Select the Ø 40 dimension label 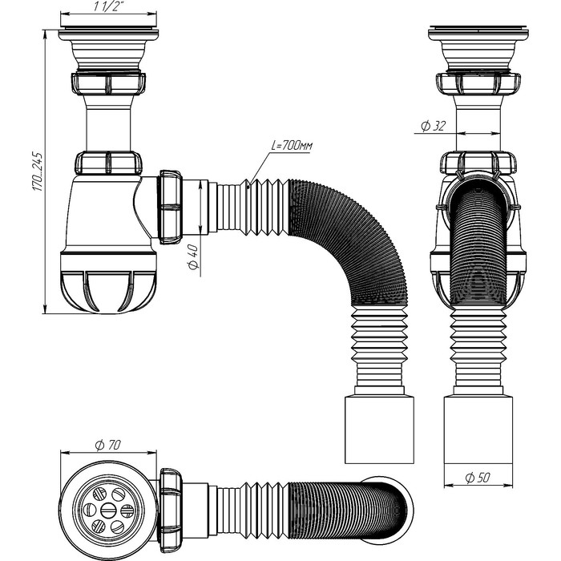coord(192,259)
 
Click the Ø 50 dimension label coord(478,478)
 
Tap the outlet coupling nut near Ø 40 coord(172,206)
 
